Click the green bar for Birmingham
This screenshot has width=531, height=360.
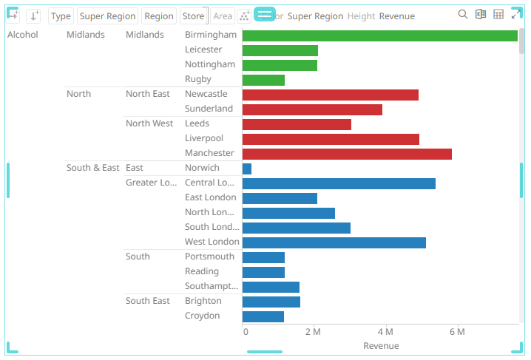point(379,35)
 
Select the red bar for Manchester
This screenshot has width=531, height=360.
point(347,154)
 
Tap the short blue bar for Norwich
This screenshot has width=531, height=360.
point(247,169)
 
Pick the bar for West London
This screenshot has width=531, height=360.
point(334,242)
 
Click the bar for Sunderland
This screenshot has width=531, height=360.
point(312,109)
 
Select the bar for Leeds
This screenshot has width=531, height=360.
point(297,124)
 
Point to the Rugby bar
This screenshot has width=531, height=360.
point(263,80)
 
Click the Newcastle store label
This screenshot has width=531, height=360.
point(206,94)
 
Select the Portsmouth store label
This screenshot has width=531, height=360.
point(209,257)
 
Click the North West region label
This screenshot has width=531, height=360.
point(149,123)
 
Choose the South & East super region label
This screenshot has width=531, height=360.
point(92,168)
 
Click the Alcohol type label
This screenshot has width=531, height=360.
point(22,35)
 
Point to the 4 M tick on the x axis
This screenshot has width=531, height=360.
point(385,332)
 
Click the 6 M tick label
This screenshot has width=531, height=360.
point(457,332)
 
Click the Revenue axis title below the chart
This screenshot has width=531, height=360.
point(381,346)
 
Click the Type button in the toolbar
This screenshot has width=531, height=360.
point(61,16)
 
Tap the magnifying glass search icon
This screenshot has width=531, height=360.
point(463,14)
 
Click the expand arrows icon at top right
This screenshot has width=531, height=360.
point(516,14)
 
